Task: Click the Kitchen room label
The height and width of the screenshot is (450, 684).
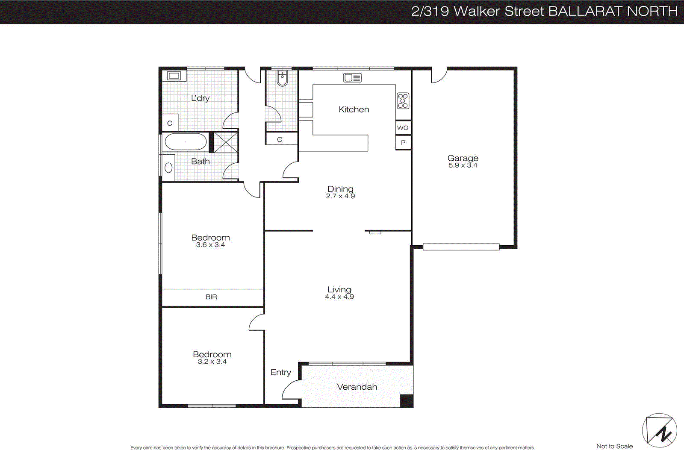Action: [354, 109]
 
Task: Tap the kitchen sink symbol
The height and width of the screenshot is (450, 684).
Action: [352, 77]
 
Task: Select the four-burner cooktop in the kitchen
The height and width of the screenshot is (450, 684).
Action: [403, 101]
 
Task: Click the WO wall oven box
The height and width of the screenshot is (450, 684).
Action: [403, 128]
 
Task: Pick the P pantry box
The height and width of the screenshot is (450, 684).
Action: [403, 143]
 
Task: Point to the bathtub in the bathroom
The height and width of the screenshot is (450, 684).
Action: [186, 141]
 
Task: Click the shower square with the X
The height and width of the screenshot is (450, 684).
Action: [225, 142]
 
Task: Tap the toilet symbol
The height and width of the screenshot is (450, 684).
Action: [282, 78]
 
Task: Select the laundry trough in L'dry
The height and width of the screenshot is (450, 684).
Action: [174, 76]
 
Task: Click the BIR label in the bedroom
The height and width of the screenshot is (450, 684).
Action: [211, 297]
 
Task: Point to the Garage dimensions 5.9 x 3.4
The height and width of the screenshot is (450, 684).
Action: [463, 165]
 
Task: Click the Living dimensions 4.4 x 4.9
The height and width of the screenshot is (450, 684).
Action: [339, 297]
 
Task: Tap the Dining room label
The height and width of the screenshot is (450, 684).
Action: [340, 189]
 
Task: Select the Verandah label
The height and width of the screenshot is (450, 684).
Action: [357, 387]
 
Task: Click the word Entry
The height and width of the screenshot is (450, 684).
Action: [280, 372]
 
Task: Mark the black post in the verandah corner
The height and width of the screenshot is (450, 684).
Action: [406, 401]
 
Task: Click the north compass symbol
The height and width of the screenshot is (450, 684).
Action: [659, 430]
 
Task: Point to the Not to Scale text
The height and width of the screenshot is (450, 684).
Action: [614, 446]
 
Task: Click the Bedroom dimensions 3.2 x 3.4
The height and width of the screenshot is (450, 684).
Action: [212, 362]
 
